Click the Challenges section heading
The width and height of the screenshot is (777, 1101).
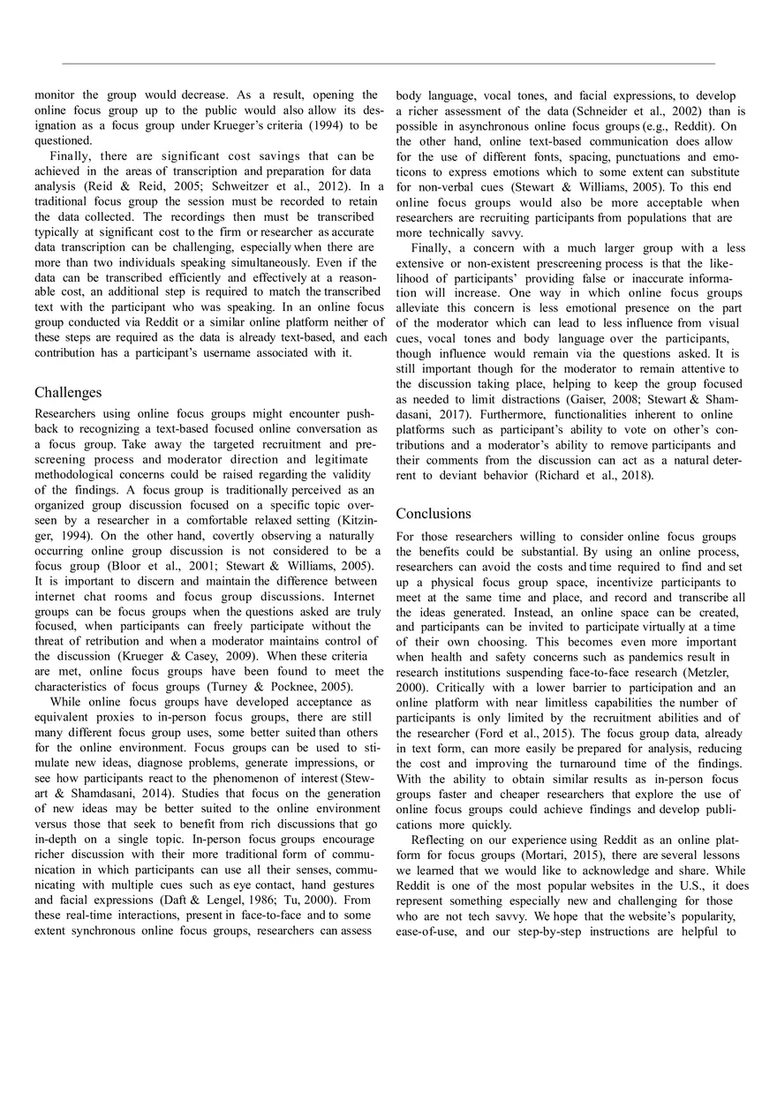coord(68,392)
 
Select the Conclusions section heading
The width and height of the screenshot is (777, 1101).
coord(434,513)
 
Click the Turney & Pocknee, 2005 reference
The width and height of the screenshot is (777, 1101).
coord(278,687)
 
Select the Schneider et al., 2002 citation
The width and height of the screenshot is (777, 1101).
coord(627,110)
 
